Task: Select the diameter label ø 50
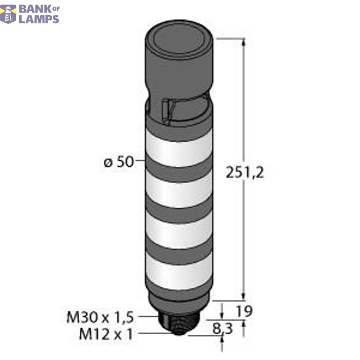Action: pos(119,162)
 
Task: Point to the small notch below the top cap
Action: pos(169,109)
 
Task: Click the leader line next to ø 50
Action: pos(141,161)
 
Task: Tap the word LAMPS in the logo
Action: pos(40,19)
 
